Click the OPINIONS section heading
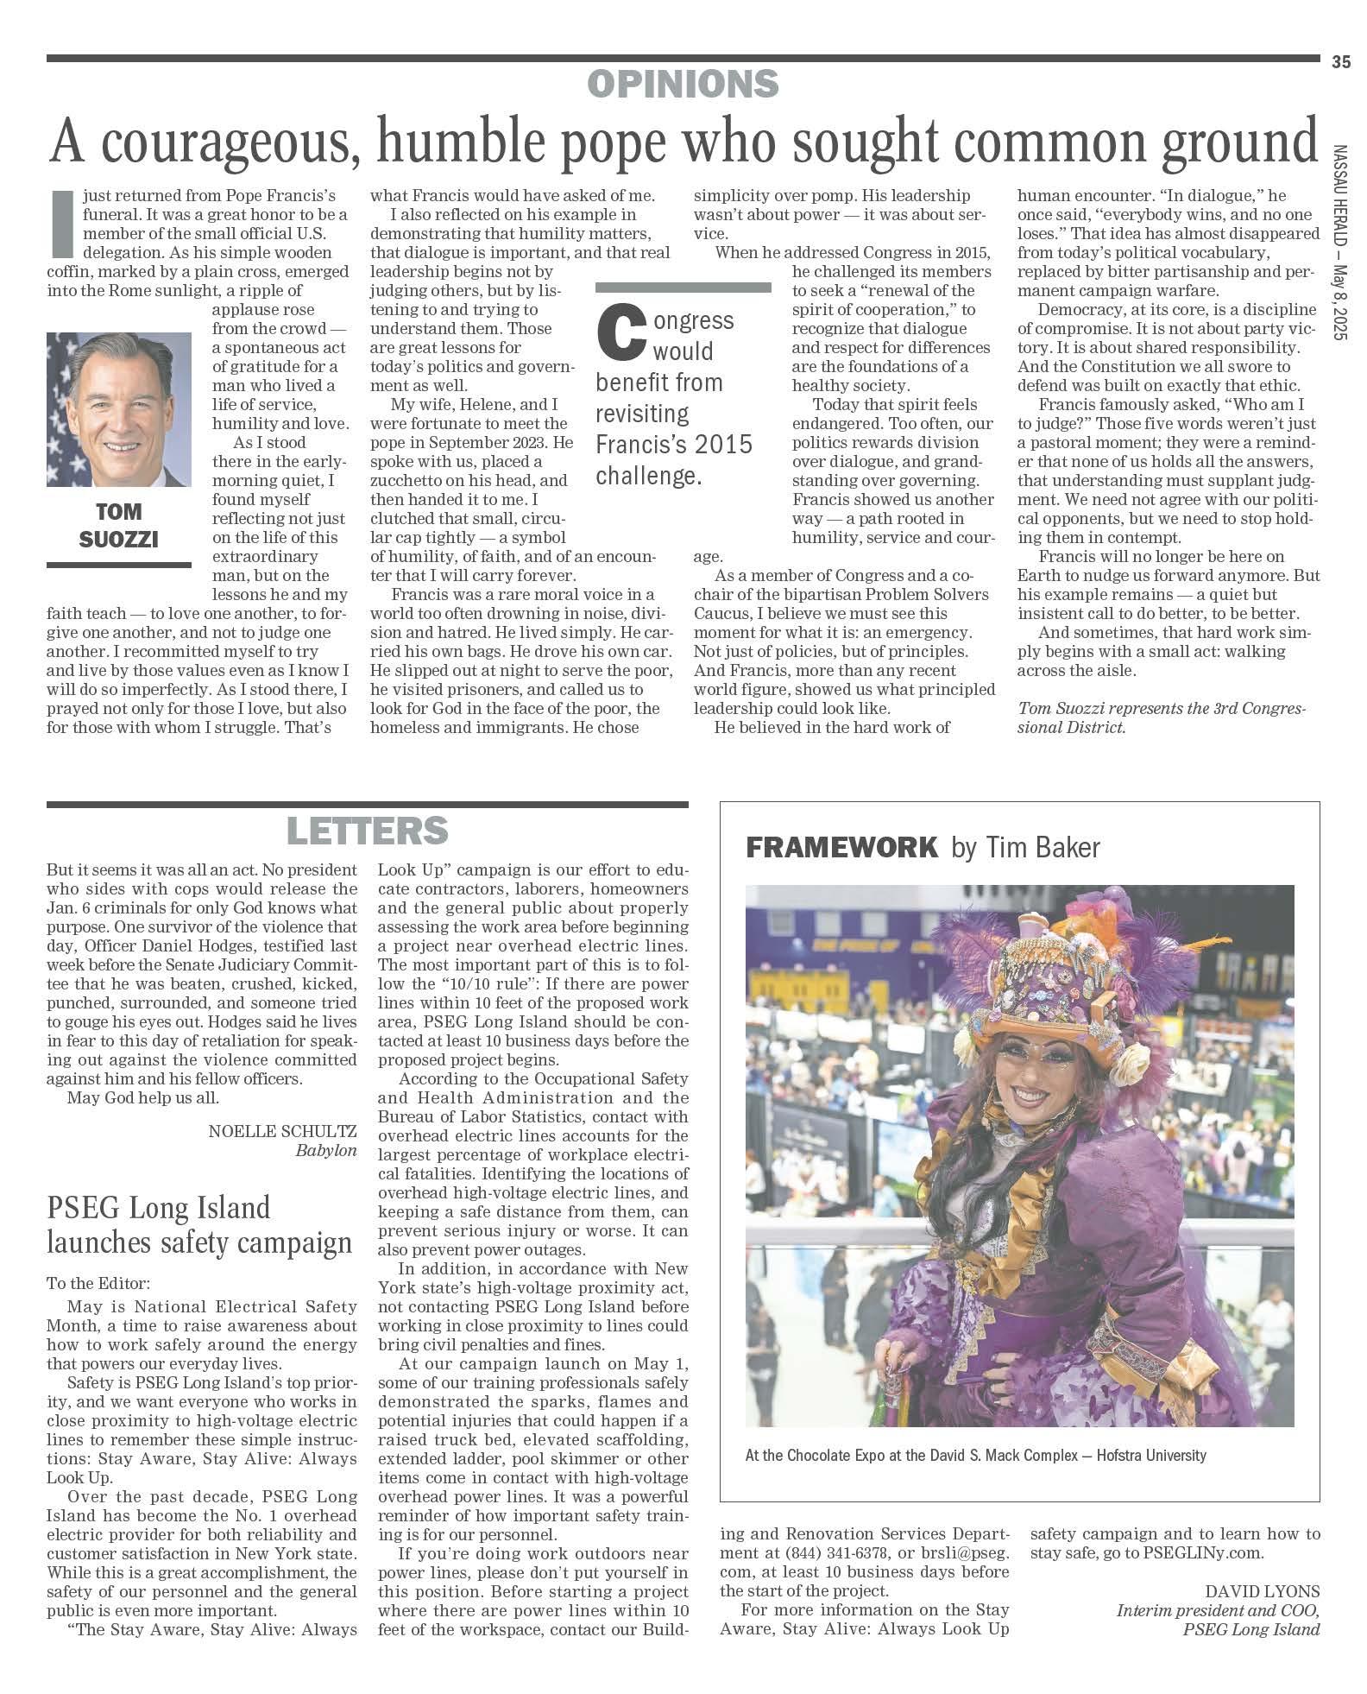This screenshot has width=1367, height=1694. [683, 85]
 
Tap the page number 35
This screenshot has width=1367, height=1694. [1340, 61]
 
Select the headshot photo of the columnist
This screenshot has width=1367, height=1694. [119, 409]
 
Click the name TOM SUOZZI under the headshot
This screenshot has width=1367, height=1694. [119, 526]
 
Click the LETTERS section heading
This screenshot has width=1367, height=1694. [367, 831]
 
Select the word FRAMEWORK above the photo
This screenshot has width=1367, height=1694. [841, 847]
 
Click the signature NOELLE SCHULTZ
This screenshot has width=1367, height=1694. [282, 1131]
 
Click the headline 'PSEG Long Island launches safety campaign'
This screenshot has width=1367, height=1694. [199, 1224]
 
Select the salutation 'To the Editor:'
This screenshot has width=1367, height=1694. [98, 1284]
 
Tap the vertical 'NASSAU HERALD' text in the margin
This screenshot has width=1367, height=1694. [1339, 199]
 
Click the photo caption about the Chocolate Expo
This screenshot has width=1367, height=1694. [975, 1455]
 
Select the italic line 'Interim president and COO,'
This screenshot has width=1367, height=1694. [1218, 1610]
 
